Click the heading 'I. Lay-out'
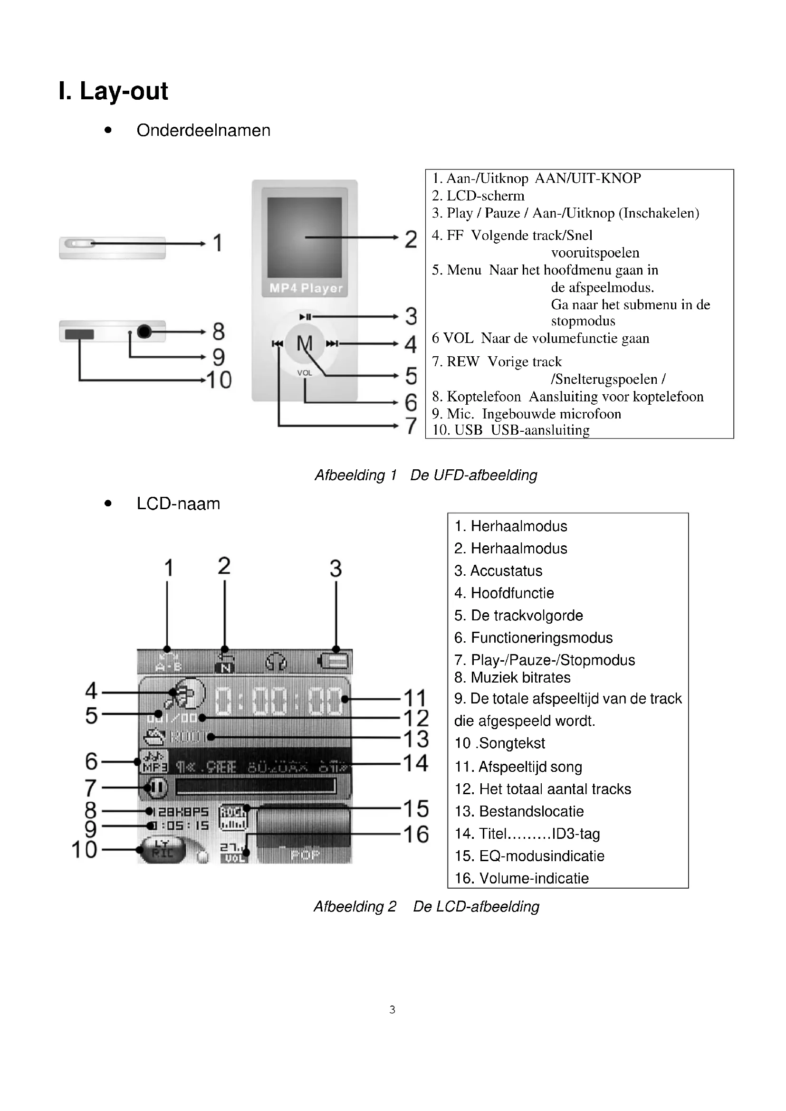113,91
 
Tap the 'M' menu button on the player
305,343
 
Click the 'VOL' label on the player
305,372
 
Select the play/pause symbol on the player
306,317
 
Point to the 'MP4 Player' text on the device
306,288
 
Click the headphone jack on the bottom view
144,332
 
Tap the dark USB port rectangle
79,334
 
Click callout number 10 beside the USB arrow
219,380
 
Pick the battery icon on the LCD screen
334,661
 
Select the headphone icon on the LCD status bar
276,662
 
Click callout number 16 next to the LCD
416,834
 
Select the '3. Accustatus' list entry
498,571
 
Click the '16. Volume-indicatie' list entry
521,878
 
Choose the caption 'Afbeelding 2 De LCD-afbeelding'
426,906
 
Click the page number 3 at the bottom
393,1009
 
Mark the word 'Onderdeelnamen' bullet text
203,130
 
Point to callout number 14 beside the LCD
416,764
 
